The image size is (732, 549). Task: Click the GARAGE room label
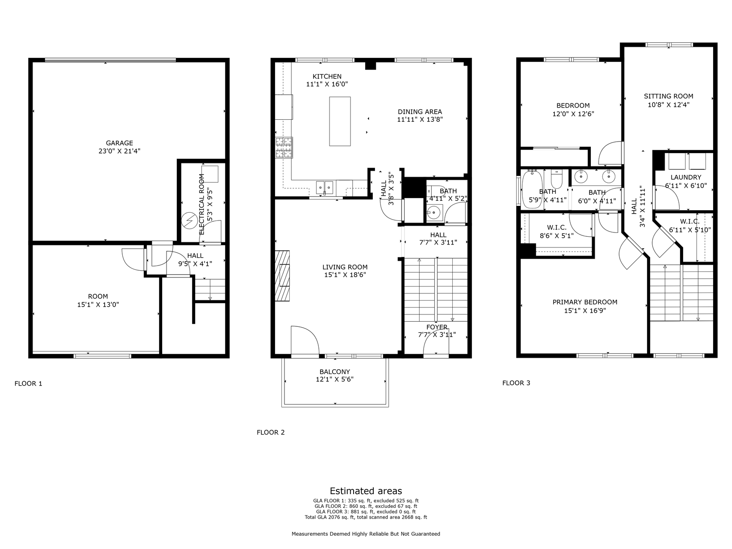(119, 143)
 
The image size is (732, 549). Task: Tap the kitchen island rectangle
(339, 121)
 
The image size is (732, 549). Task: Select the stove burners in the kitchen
(284, 148)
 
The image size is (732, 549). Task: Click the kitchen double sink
(324, 187)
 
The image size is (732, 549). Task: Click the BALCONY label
(334, 372)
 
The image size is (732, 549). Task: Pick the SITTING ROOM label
(668, 96)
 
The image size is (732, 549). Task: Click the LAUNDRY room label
(686, 177)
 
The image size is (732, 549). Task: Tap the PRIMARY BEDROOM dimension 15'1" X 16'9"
(584, 310)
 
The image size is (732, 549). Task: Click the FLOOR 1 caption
(28, 383)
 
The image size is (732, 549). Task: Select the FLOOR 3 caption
(516, 383)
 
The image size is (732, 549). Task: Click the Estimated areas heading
(366, 491)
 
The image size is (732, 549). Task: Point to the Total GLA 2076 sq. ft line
(366, 517)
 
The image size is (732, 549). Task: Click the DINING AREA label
(419, 112)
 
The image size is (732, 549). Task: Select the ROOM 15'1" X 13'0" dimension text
(98, 305)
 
